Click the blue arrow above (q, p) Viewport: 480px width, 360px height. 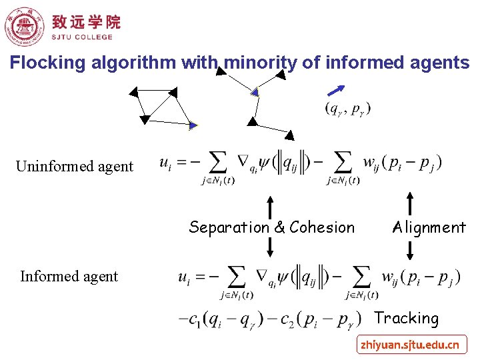click(x=337, y=91)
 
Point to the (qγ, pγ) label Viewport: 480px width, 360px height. click(x=348, y=108)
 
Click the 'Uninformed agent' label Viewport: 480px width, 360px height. click(x=75, y=167)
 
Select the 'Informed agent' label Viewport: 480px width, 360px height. click(x=69, y=276)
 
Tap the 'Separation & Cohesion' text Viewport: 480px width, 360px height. click(x=272, y=227)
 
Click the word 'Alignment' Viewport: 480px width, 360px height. click(x=429, y=227)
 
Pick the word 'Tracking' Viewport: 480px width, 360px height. click(x=407, y=319)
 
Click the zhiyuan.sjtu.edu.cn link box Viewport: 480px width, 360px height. click(x=409, y=345)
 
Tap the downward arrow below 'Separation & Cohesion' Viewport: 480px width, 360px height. click(x=270, y=247)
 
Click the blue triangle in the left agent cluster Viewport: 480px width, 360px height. click(x=193, y=125)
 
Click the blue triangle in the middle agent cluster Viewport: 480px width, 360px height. click(x=254, y=91)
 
